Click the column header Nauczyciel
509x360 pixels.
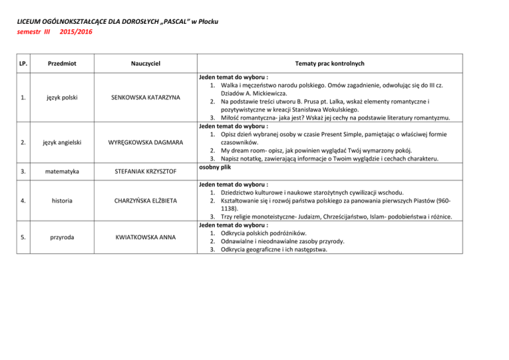point(146,63)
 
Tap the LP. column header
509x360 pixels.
point(23,63)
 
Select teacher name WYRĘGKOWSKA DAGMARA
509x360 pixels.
point(146,141)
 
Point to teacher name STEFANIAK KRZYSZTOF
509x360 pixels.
point(146,172)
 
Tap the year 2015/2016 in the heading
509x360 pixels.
point(76,31)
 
